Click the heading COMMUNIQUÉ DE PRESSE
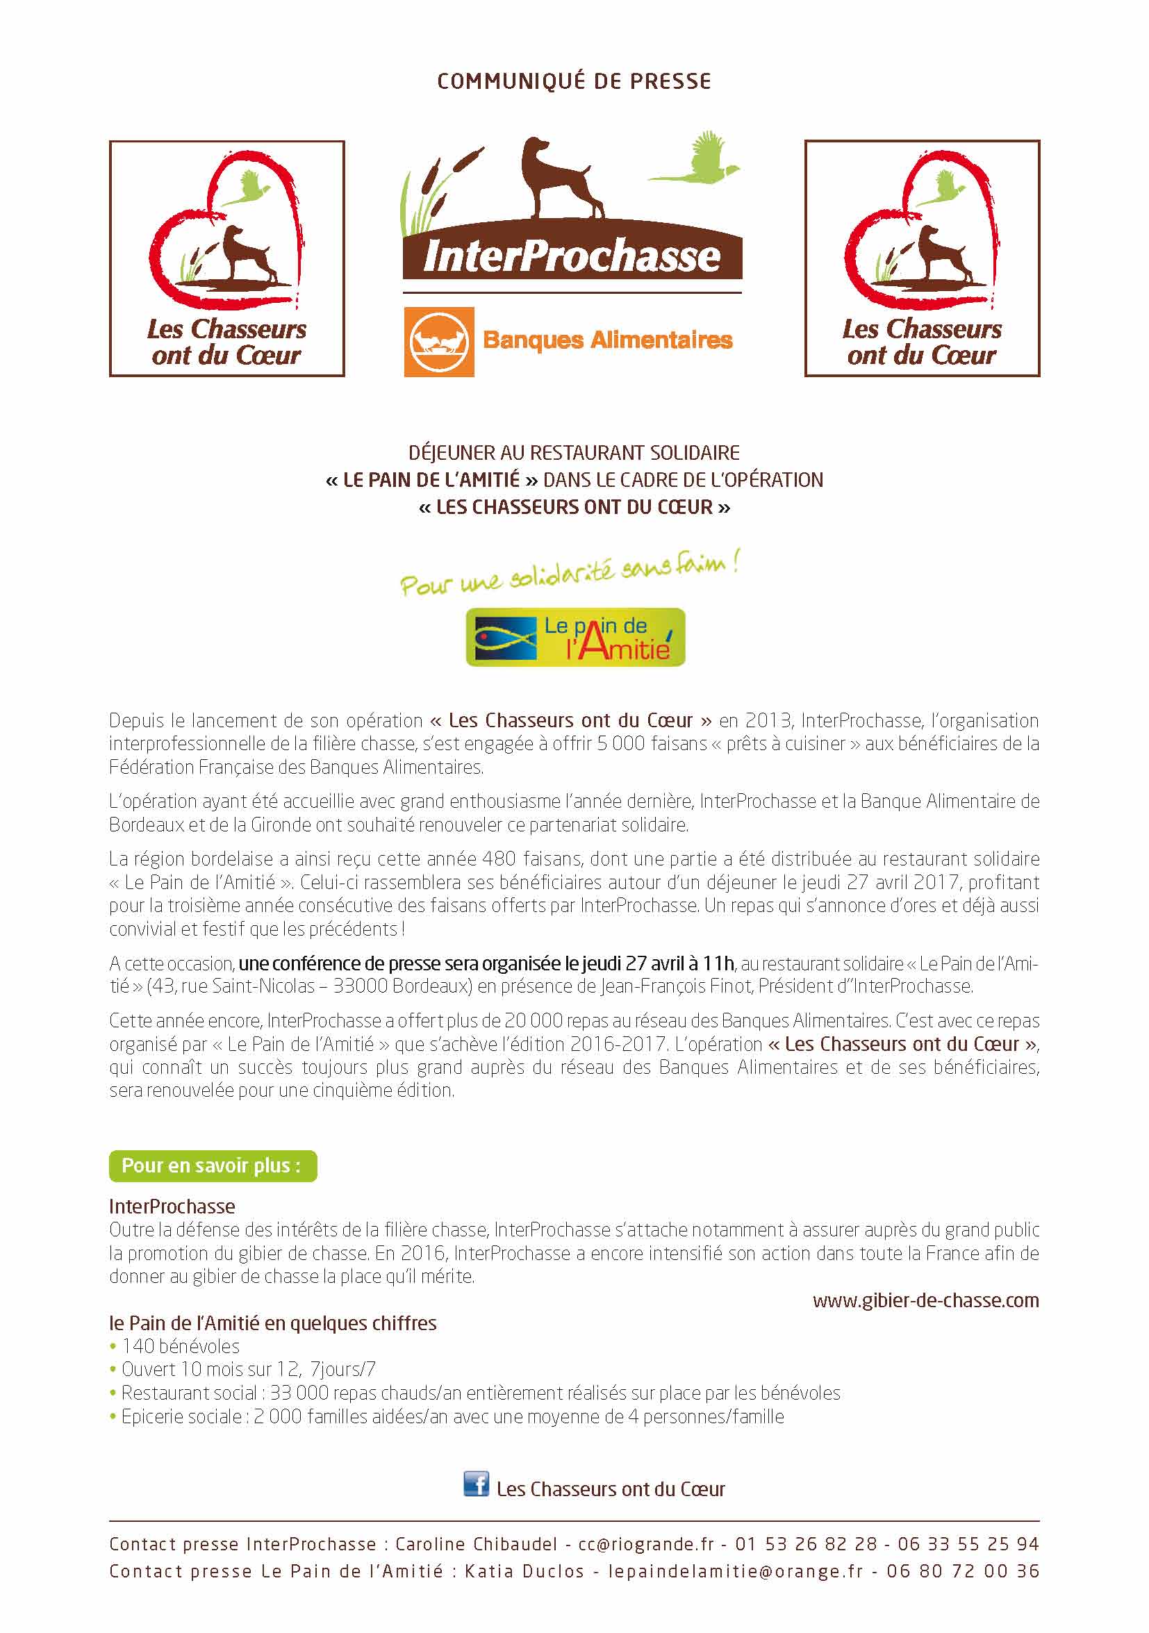[x=573, y=81]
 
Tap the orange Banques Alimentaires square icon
[x=438, y=341]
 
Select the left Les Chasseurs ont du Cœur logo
[x=226, y=258]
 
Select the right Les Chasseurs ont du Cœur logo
[x=921, y=258]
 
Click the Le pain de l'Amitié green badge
[x=575, y=636]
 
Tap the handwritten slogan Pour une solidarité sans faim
[x=569, y=574]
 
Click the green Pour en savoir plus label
[x=212, y=1166]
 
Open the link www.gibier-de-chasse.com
[x=925, y=1300]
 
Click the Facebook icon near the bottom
[x=476, y=1484]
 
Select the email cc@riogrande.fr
[x=645, y=1544]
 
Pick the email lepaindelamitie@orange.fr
[x=735, y=1570]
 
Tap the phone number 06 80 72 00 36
[x=962, y=1570]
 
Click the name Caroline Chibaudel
[x=476, y=1544]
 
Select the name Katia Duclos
[x=524, y=1570]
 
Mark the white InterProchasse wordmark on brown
[x=571, y=256]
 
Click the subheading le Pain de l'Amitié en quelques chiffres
[x=272, y=1323]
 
